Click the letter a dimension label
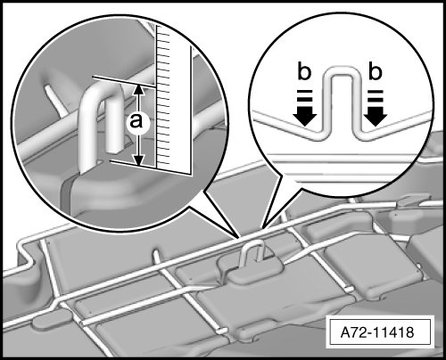click(136, 121)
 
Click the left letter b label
click(304, 71)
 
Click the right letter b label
click(376, 71)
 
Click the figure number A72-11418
click(377, 332)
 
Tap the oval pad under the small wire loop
click(252, 267)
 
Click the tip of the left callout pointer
click(240, 238)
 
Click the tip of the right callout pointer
click(263, 228)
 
